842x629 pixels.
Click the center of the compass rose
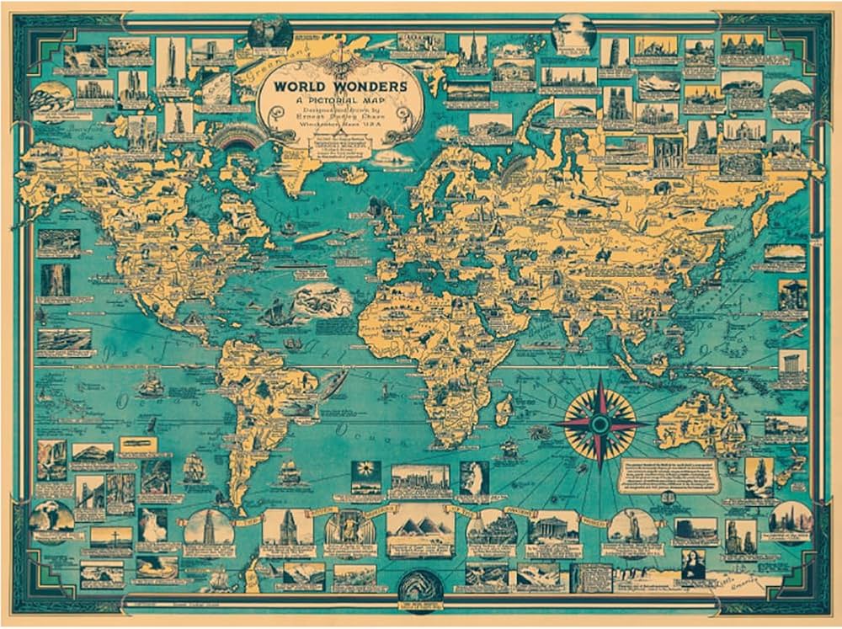click(600, 423)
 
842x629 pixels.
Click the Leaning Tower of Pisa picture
click(614, 52)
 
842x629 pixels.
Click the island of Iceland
click(353, 174)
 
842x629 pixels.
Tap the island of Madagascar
click(504, 411)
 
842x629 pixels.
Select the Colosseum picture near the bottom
click(492, 528)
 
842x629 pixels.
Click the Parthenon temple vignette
click(553, 528)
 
